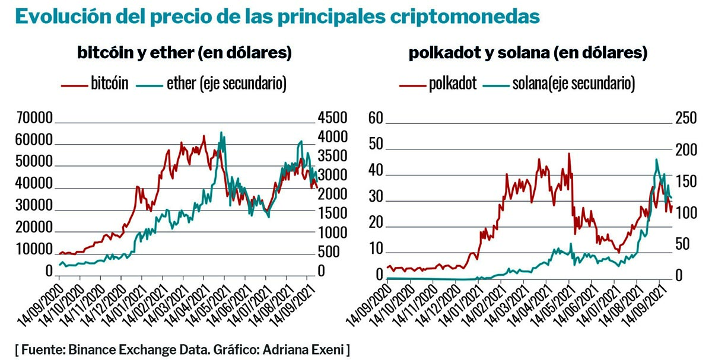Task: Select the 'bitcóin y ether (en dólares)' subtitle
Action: (x=185, y=53)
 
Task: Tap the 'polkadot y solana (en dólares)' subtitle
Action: (x=527, y=53)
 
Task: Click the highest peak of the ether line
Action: (x=221, y=132)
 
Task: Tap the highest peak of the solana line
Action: (x=656, y=160)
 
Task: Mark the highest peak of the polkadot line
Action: (x=569, y=154)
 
